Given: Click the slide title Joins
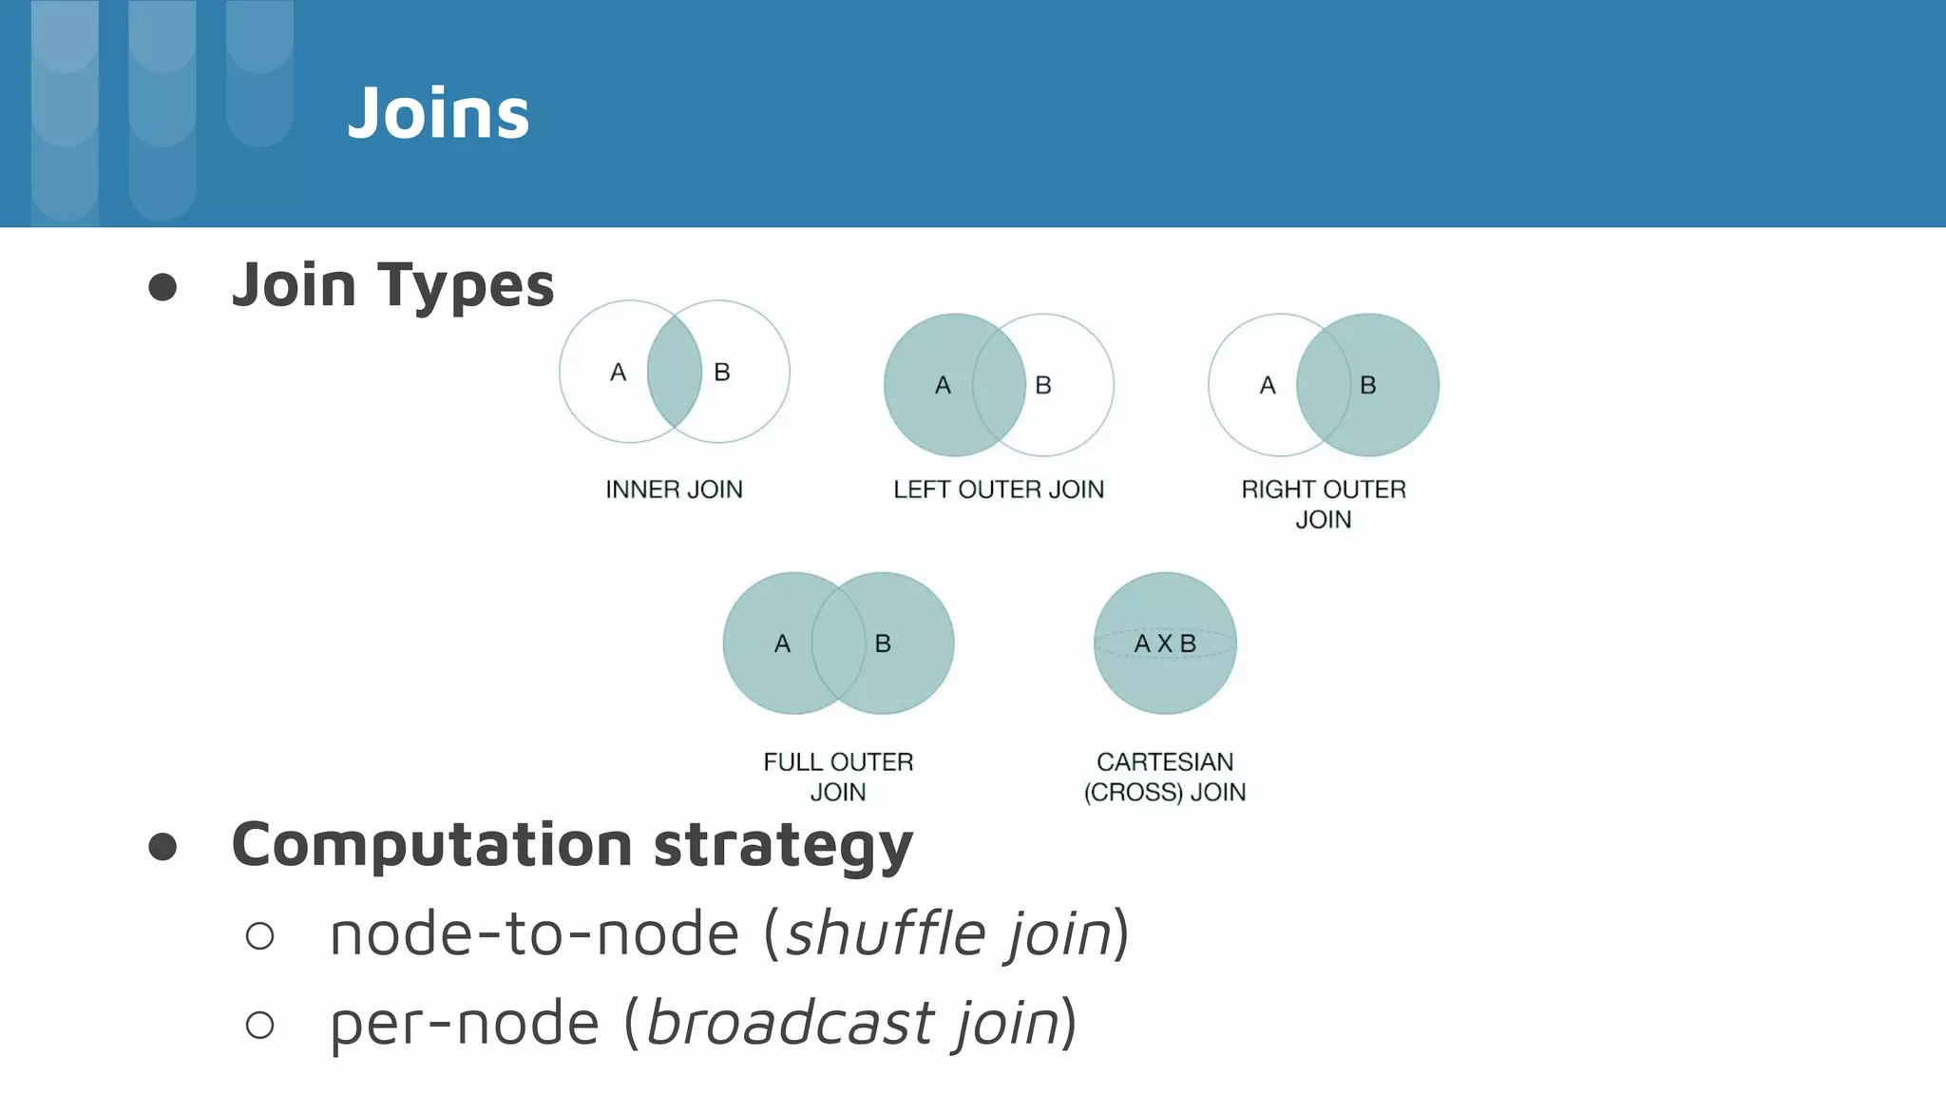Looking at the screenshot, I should click(x=438, y=113).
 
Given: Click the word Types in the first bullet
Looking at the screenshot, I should click(x=466, y=285).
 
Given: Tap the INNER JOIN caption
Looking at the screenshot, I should click(x=674, y=490).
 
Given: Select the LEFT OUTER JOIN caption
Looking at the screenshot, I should click(x=999, y=490).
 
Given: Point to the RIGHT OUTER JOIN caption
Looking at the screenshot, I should click(x=1323, y=504).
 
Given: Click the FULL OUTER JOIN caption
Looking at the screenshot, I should click(x=838, y=777).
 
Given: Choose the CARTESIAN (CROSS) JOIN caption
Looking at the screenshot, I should click(x=1165, y=777).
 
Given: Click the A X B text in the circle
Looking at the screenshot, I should click(x=1165, y=644).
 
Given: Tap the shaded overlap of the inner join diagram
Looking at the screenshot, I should click(x=674, y=372).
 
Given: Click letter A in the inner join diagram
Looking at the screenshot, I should click(x=618, y=373).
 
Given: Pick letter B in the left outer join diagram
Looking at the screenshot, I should click(x=1043, y=386).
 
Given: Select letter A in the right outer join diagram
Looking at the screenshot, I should click(x=1268, y=386).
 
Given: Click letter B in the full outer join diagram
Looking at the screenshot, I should click(x=883, y=644).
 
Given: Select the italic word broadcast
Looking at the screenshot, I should click(x=791, y=1022).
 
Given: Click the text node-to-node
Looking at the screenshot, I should click(x=534, y=933).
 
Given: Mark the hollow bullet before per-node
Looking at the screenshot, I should click(x=259, y=1025).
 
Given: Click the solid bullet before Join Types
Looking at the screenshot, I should click(x=162, y=287).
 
